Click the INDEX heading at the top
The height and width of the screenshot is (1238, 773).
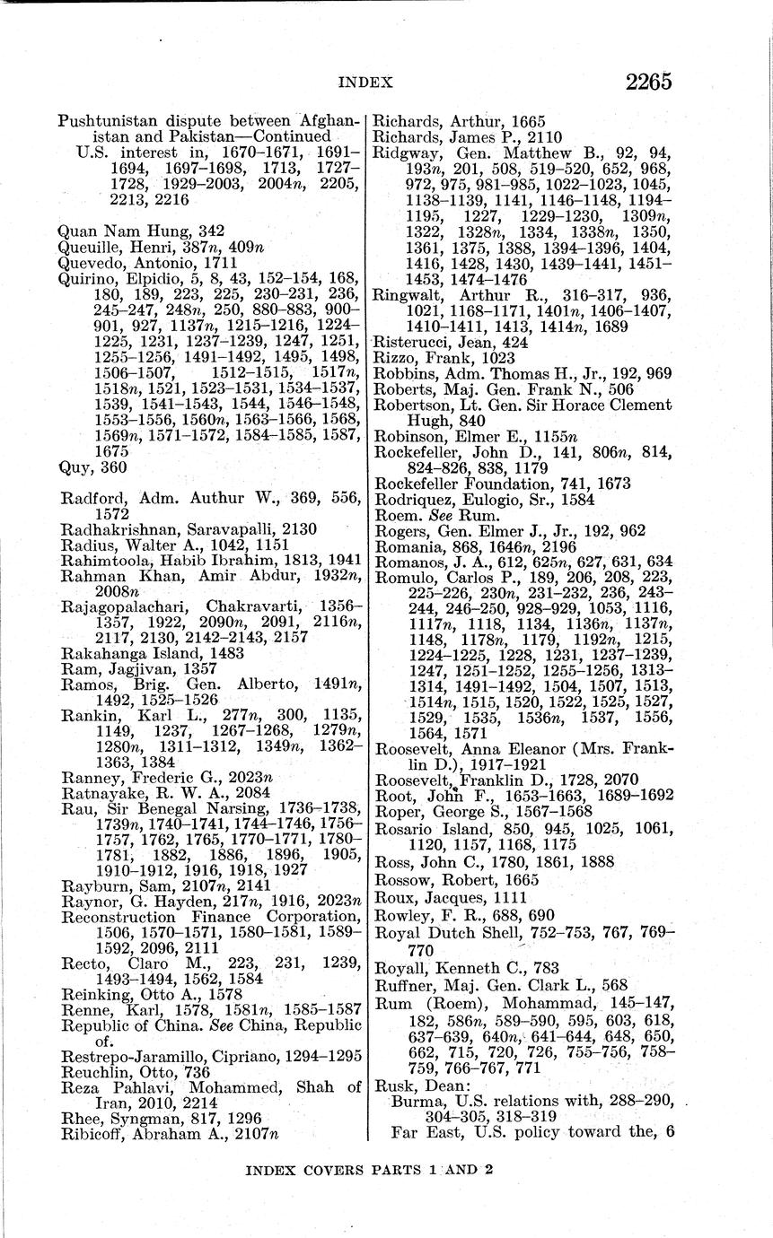(x=365, y=83)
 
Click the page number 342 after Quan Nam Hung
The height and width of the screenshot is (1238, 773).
(x=211, y=231)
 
